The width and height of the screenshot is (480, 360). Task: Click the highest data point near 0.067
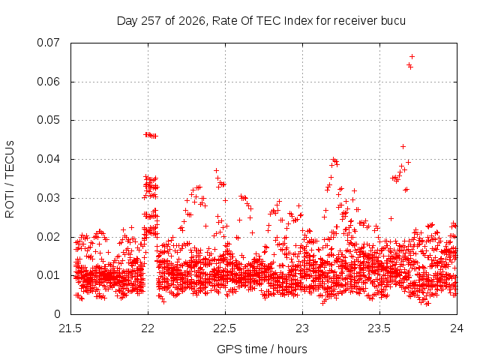click(x=412, y=57)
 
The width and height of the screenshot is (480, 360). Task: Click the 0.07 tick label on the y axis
click(x=48, y=43)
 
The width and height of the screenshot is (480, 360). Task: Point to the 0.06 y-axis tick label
click(x=48, y=82)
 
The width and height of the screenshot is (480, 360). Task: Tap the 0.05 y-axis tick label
click(x=48, y=120)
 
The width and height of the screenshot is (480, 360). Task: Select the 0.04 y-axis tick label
click(x=48, y=159)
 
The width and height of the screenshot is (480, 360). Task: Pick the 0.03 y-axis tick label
click(x=48, y=198)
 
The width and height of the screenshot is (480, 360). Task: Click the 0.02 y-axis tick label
click(x=48, y=237)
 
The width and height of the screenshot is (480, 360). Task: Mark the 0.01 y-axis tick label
click(x=48, y=275)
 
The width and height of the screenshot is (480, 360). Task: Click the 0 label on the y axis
click(x=57, y=314)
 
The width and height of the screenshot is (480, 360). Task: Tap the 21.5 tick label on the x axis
click(x=70, y=328)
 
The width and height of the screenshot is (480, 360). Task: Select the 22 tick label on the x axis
click(x=148, y=328)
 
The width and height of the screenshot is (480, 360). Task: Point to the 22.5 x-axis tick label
click(x=225, y=328)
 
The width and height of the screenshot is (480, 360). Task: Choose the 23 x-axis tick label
click(x=302, y=328)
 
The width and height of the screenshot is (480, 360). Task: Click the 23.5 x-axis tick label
click(x=379, y=328)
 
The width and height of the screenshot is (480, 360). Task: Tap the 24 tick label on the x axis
click(x=457, y=328)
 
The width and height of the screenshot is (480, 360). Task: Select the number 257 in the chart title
click(x=151, y=21)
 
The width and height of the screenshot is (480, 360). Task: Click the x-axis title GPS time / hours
click(x=262, y=349)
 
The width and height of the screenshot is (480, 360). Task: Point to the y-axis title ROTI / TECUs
click(x=10, y=179)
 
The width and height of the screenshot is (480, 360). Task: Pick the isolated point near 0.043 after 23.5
click(x=403, y=147)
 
